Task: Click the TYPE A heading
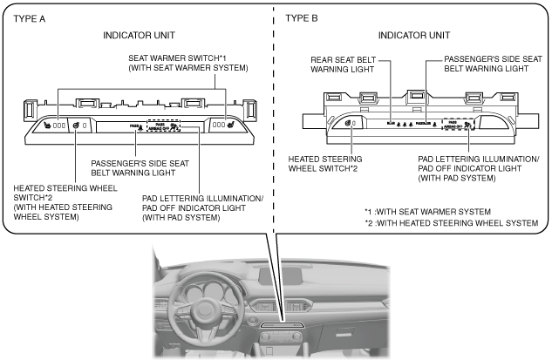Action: [x=32, y=17]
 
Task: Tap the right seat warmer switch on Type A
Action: [x=222, y=125]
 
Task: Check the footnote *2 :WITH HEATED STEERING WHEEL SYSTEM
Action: [x=451, y=223]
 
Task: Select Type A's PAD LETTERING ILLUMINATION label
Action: [x=202, y=203]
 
